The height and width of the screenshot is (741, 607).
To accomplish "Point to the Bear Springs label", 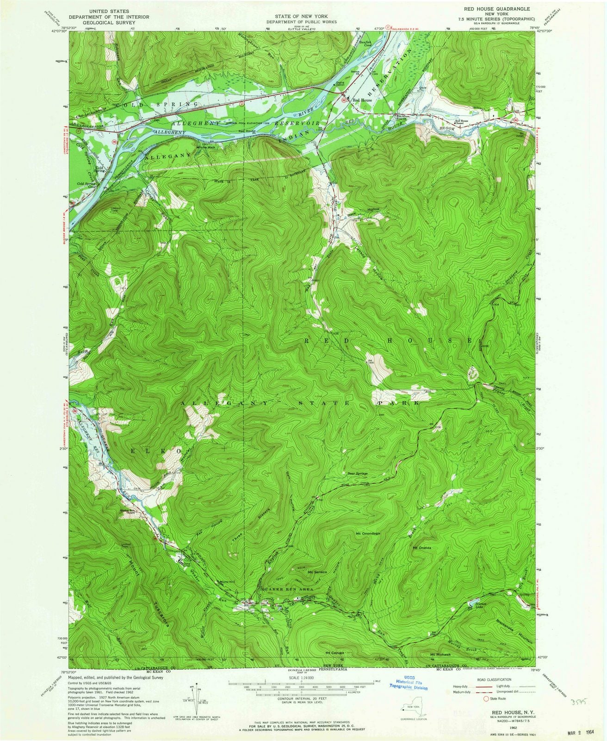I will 357,474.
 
